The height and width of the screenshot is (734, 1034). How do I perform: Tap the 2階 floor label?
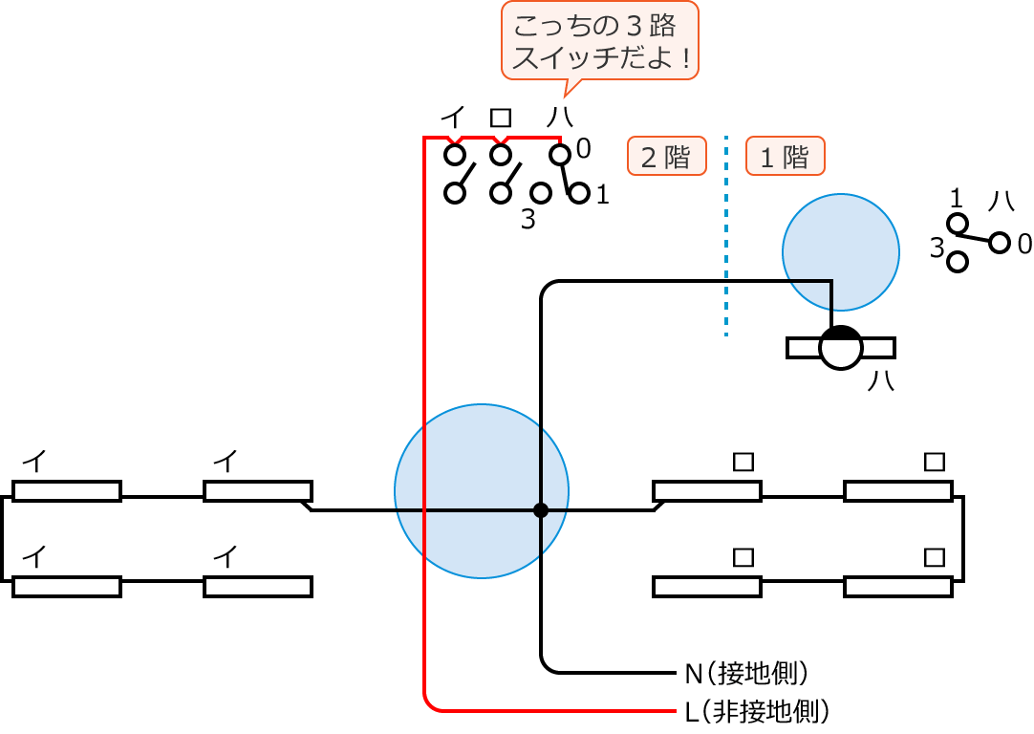[x=666, y=156]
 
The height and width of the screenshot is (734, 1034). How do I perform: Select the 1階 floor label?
[x=785, y=156]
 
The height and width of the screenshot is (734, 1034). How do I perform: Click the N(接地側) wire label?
[x=746, y=673]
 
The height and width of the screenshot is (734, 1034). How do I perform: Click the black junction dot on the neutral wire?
[x=541, y=510]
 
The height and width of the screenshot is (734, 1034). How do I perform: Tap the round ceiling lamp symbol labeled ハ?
[x=841, y=347]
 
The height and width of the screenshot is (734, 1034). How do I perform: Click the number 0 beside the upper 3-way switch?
[x=584, y=148]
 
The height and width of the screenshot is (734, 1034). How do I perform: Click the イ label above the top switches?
[x=453, y=118]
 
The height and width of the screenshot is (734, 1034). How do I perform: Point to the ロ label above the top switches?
[x=501, y=118]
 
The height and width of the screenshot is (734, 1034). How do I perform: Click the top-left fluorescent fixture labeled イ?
[x=67, y=491]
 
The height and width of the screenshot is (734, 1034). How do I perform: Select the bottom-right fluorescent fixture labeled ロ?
[x=897, y=587]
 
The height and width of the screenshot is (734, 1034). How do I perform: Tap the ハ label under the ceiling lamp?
[x=880, y=380]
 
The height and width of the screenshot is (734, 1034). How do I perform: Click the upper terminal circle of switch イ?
[x=455, y=154]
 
